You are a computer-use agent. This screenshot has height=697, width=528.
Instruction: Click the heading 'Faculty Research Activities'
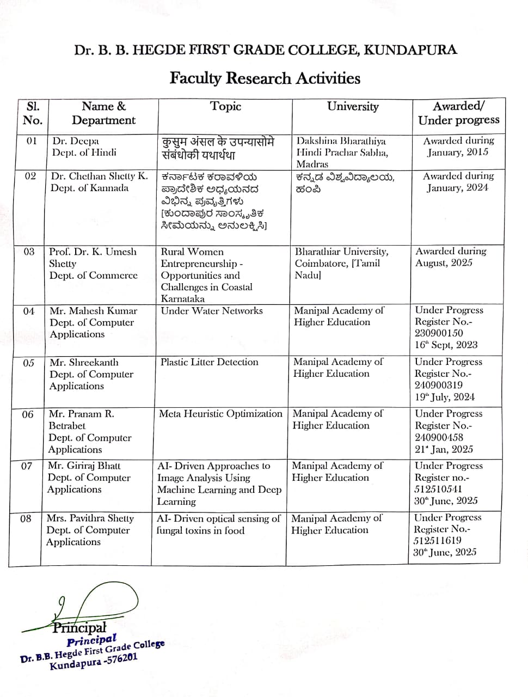[265, 78]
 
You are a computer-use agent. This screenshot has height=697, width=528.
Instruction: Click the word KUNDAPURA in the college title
[410, 51]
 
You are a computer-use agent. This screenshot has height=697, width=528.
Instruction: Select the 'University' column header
[352, 107]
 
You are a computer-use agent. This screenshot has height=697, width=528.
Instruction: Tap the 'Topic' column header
[225, 107]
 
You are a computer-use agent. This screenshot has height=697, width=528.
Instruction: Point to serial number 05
[28, 363]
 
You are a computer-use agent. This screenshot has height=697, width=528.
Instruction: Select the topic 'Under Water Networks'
[212, 311]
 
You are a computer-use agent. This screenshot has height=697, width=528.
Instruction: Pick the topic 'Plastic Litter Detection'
[209, 362]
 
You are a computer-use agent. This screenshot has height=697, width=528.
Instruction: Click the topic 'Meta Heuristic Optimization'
[220, 414]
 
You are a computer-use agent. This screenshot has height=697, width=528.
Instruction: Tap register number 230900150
[439, 333]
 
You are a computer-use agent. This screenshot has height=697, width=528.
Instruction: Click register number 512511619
[437, 540]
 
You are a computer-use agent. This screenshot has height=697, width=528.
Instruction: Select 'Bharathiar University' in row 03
[341, 252]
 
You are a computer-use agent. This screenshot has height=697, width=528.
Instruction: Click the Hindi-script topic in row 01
[218, 148]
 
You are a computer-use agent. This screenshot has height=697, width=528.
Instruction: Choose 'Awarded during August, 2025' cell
[451, 257]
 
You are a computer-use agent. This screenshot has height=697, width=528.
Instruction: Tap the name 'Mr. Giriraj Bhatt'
[84, 466]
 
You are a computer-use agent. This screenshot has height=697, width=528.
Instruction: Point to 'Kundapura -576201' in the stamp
[93, 661]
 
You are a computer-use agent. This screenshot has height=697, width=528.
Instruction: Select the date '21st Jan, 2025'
[444, 449]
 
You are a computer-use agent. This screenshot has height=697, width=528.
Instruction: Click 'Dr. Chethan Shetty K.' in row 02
[99, 176]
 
